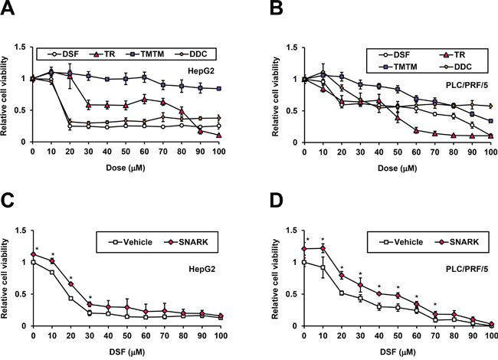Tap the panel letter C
pyautogui.click(x=8, y=201)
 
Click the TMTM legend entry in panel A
pyautogui.click(x=148, y=34)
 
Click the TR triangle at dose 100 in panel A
pyautogui.click(x=220, y=135)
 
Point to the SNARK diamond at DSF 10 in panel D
pyautogui.click(x=323, y=248)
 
